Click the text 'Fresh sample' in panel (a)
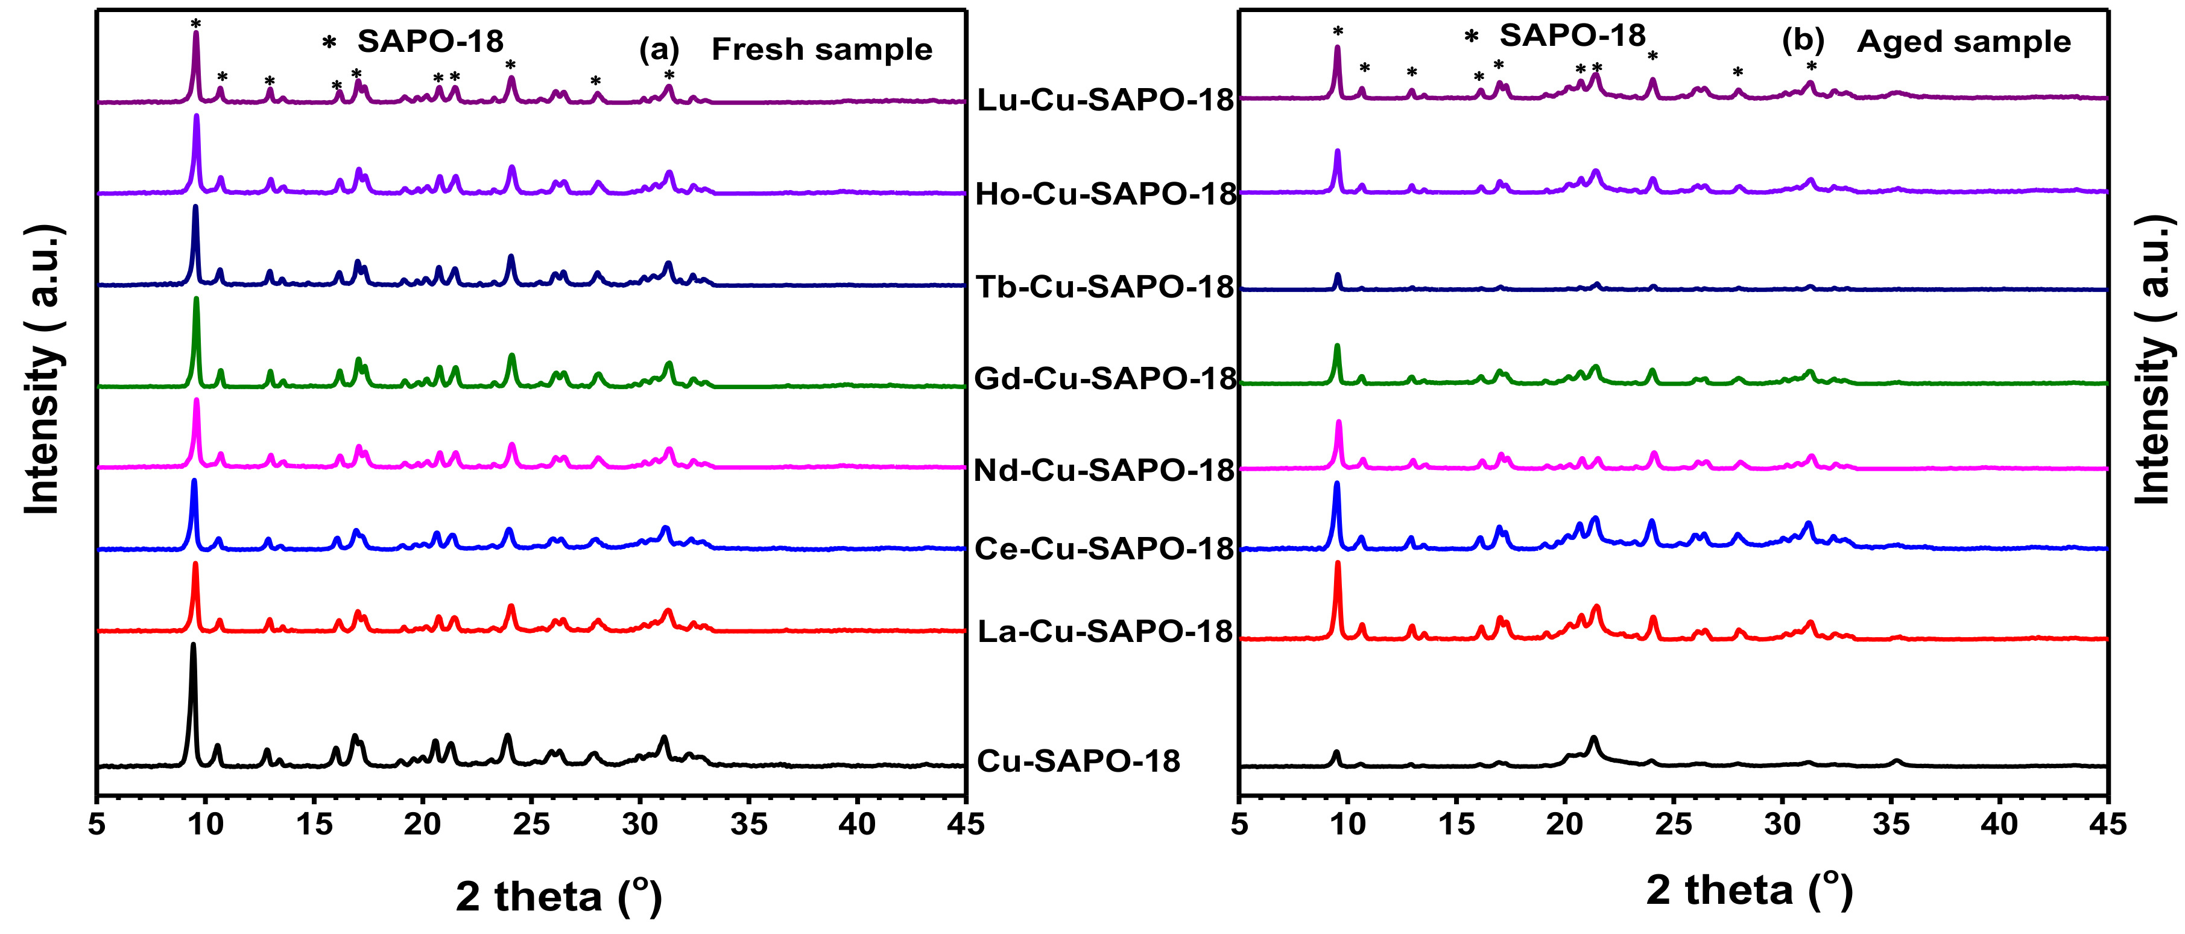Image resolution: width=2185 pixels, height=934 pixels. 821,49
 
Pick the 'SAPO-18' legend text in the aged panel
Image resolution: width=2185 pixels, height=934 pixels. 1572,35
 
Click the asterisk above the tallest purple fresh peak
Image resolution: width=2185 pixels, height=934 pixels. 196,23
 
